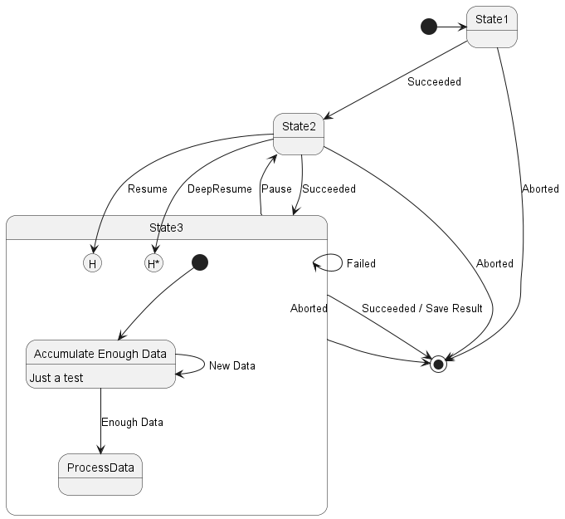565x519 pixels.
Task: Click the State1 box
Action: tap(492, 27)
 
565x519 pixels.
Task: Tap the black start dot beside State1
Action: tap(429, 27)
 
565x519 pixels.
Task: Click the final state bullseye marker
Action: tap(438, 363)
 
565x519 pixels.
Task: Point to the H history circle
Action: tap(92, 263)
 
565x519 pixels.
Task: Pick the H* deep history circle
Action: tap(153, 263)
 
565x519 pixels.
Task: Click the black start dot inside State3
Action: tap(199, 262)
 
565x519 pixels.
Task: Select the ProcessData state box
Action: tap(100, 474)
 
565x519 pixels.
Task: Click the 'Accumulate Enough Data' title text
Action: tap(100, 354)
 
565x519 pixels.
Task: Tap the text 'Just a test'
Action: tap(56, 377)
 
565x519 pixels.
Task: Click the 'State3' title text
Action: tap(167, 227)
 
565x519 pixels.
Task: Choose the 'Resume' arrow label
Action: tap(147, 189)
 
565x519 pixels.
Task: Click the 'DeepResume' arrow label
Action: tap(219, 189)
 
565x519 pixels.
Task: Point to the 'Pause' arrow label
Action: tap(276, 189)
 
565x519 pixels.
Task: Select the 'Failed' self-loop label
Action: tap(361, 263)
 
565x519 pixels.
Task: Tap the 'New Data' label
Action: tap(232, 365)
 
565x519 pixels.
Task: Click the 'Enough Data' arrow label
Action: tap(132, 422)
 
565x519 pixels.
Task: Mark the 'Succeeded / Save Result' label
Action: tap(421, 308)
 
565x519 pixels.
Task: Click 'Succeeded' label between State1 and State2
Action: tap(434, 82)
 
